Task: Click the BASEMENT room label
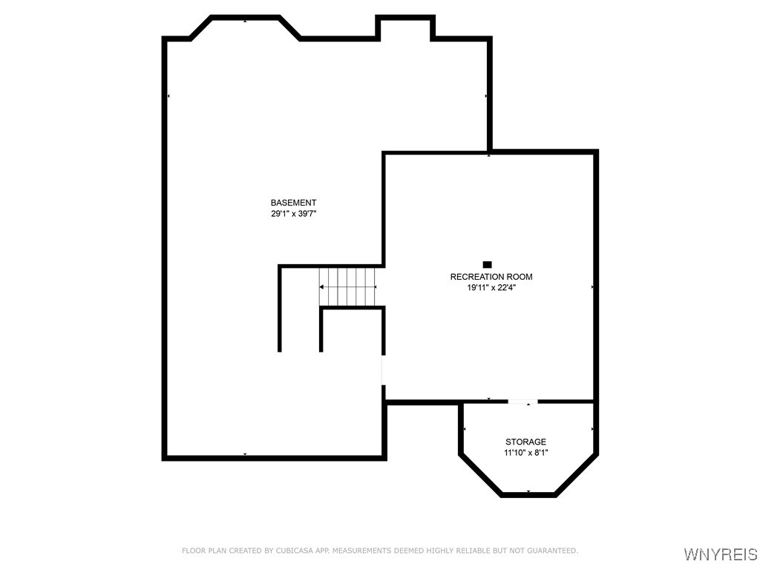293,203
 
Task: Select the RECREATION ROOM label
491,277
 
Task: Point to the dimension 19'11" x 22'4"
491,288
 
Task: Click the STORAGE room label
525,442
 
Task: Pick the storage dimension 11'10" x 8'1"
525,453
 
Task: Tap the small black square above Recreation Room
487,264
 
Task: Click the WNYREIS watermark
720,554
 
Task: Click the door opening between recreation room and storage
522,402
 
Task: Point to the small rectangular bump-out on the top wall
405,27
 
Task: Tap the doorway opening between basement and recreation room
383,369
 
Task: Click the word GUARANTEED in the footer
551,551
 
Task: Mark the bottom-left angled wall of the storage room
481,476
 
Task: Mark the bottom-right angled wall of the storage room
576,476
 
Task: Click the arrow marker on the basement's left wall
168,96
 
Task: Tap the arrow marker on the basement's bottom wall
245,454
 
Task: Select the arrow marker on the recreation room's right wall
592,286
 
